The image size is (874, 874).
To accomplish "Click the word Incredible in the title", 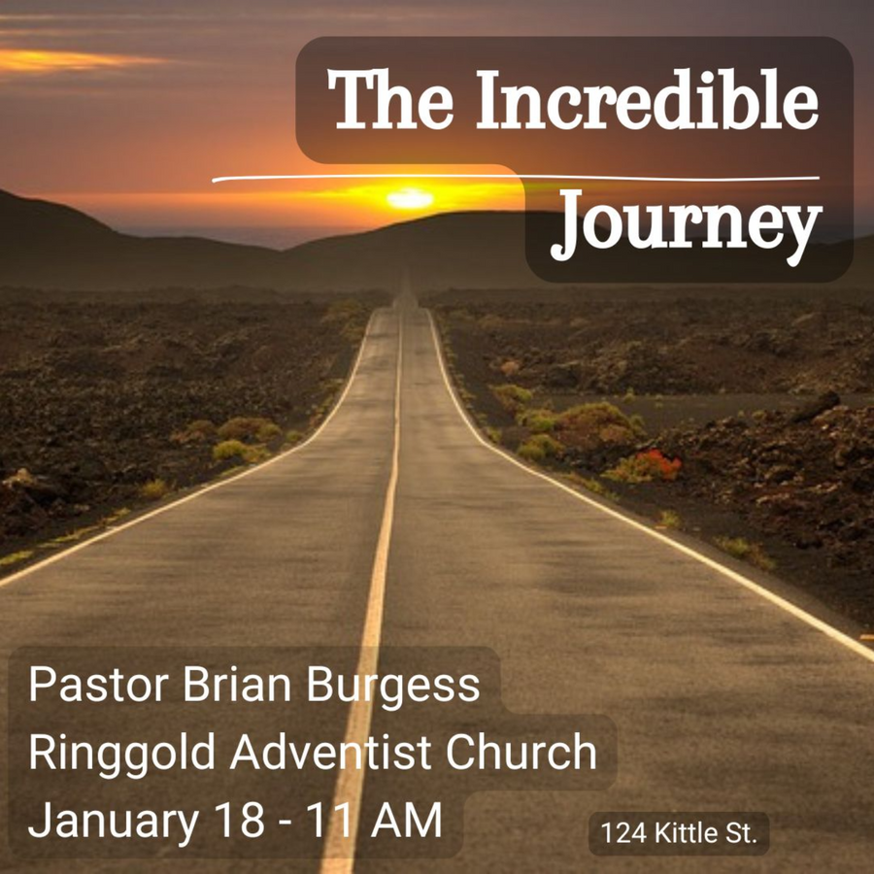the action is coord(647,99).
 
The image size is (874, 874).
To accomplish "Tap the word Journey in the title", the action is coord(687,225).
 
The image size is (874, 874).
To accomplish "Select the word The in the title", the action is coord(390,99).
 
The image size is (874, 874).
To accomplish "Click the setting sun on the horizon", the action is coord(410,198).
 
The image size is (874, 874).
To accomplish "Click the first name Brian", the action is coord(237,684).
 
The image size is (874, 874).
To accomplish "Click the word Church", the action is coord(521,752).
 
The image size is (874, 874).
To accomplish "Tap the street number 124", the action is coord(623,834).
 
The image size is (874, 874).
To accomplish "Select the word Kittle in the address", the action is coord(686,833).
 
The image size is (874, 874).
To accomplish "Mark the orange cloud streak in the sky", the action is coord(67,60).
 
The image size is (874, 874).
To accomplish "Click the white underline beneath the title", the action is coord(516,178).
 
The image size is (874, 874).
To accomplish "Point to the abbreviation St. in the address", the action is coord(741,834).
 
